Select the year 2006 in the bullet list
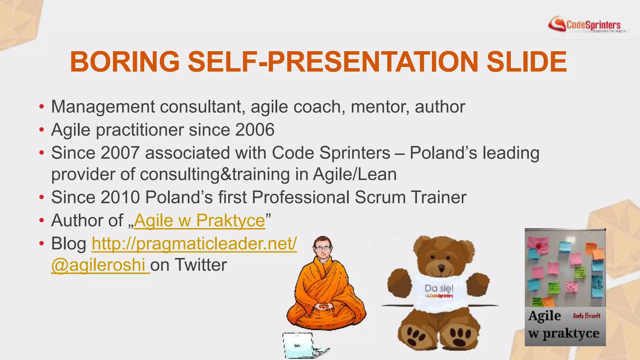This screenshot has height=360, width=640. [255, 130]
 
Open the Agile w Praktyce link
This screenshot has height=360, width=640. [199, 221]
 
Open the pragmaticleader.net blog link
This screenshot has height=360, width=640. [194, 244]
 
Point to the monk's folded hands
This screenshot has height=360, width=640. [323, 306]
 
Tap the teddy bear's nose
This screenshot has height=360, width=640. [441, 268]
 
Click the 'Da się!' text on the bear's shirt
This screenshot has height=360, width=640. [439, 288]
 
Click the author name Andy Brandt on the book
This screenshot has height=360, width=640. [586, 316]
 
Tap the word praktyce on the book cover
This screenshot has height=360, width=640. [571, 333]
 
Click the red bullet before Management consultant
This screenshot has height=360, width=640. [42, 107]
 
